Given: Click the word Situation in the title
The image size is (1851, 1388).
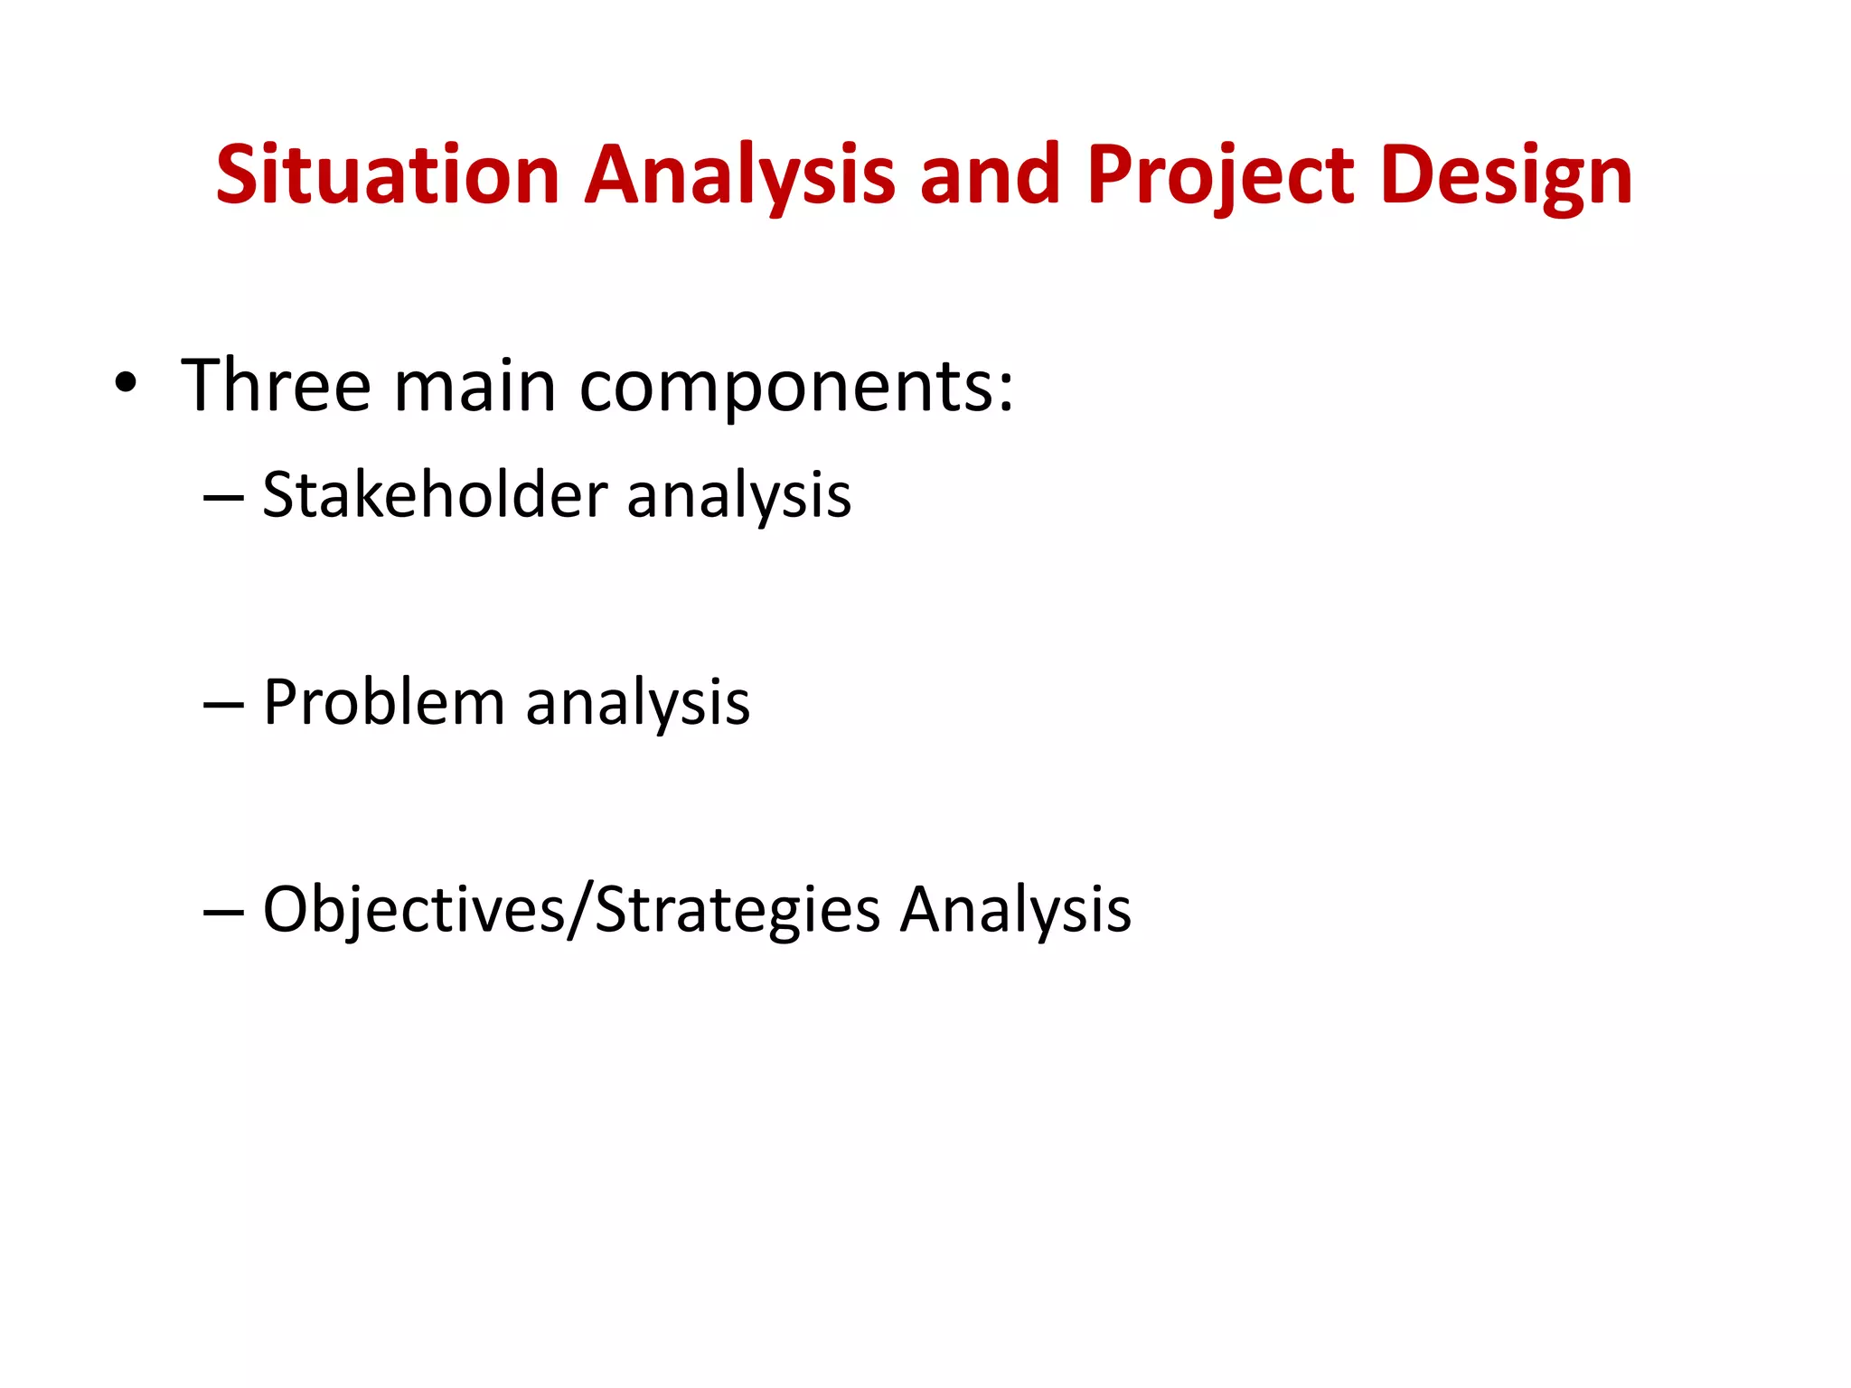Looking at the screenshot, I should (388, 174).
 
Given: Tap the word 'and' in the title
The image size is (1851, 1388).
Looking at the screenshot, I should (990, 174).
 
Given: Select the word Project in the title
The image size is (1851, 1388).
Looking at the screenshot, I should (1221, 174).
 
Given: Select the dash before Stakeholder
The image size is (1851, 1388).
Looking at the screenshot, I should (223, 498).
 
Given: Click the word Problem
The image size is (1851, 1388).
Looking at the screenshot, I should (383, 702).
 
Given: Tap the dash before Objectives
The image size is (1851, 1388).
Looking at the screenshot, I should (223, 912).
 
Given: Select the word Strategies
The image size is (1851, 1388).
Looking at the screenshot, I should (737, 910).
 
